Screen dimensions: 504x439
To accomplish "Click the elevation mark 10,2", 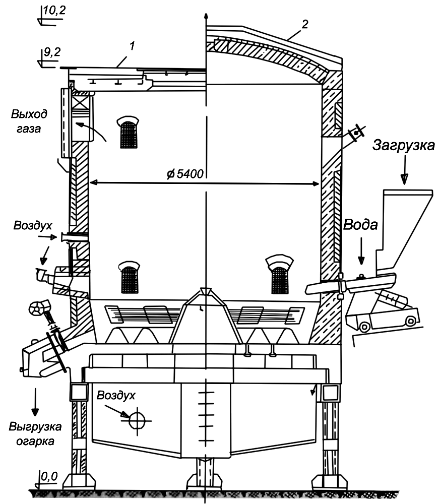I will click(52, 10).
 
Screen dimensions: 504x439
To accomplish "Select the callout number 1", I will click(132, 46).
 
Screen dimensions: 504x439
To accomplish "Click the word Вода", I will click(360, 225).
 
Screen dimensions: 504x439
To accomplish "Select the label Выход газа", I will click(25, 121).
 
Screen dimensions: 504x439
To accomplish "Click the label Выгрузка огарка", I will click(35, 434).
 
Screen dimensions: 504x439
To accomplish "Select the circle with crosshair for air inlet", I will click(137, 420).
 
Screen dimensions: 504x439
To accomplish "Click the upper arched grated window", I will click(129, 132).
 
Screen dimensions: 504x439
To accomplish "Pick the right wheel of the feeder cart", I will click(411, 321).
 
